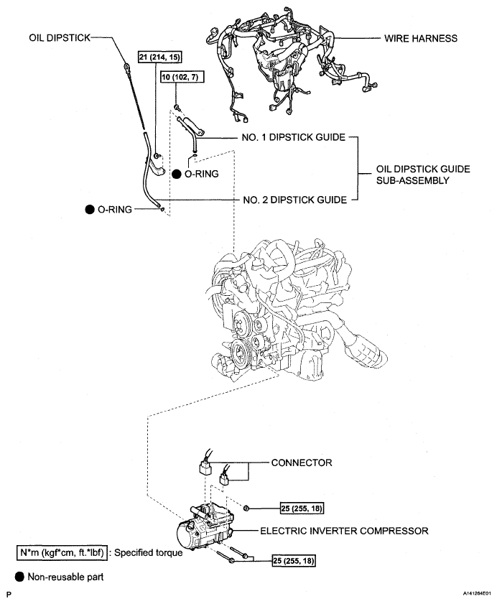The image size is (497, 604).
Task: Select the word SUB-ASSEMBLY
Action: pyautogui.click(x=413, y=181)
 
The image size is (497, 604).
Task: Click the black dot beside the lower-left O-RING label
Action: pyautogui.click(x=90, y=209)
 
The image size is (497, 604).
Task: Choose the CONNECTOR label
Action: pyautogui.click(x=302, y=463)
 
